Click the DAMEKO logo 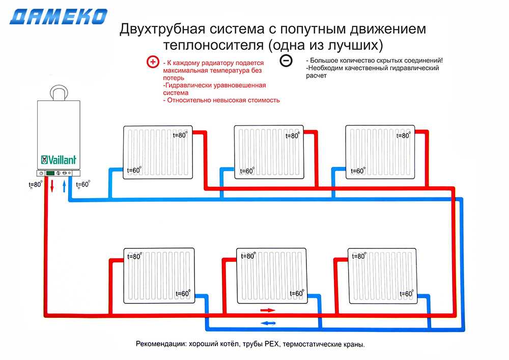(59, 17)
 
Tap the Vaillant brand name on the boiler (59, 160)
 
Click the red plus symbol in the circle (153, 62)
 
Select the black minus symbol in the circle (286, 61)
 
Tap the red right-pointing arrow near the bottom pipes (267, 310)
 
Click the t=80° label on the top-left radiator (180, 135)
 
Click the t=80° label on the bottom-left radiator (134, 257)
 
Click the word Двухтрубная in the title (155, 30)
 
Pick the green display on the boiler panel (50, 173)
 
